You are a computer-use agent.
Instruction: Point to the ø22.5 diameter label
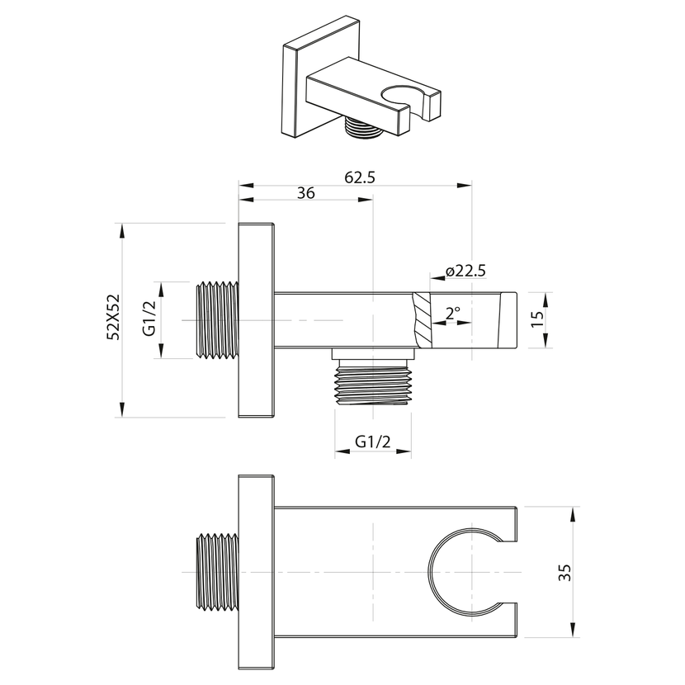tap(465, 272)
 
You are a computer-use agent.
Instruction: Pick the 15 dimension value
tap(539, 319)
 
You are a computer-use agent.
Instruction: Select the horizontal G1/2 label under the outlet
tap(373, 442)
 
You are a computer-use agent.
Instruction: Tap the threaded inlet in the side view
tap(218, 319)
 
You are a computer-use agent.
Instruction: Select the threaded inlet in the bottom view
tap(218, 573)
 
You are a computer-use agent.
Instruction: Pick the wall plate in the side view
tap(256, 319)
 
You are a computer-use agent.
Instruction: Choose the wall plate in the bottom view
tap(256, 573)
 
